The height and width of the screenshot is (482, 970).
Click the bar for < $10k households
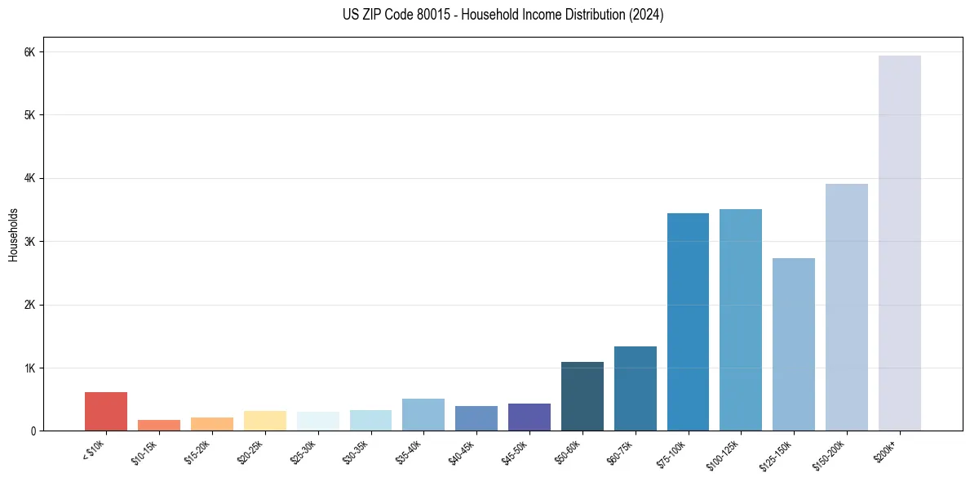tap(106, 411)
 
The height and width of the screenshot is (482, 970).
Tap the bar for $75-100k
tap(688, 322)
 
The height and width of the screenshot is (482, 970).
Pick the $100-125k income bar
tap(741, 319)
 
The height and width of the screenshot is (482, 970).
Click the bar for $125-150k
tap(794, 344)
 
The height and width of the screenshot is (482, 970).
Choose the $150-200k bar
tap(847, 307)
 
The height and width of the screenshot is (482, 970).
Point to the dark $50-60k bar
tap(582, 396)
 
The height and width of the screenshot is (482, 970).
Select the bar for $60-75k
tap(636, 388)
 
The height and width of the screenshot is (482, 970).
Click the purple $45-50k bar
tap(529, 417)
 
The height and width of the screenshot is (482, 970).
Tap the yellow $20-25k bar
tap(265, 421)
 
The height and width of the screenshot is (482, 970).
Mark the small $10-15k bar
tap(159, 425)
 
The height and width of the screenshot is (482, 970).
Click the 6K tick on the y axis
tap(29, 52)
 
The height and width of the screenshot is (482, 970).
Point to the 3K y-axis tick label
tap(29, 242)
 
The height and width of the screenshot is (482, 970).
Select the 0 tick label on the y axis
tap(33, 431)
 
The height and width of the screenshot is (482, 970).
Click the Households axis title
tap(13, 234)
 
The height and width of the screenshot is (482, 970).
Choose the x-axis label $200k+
tap(886, 449)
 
